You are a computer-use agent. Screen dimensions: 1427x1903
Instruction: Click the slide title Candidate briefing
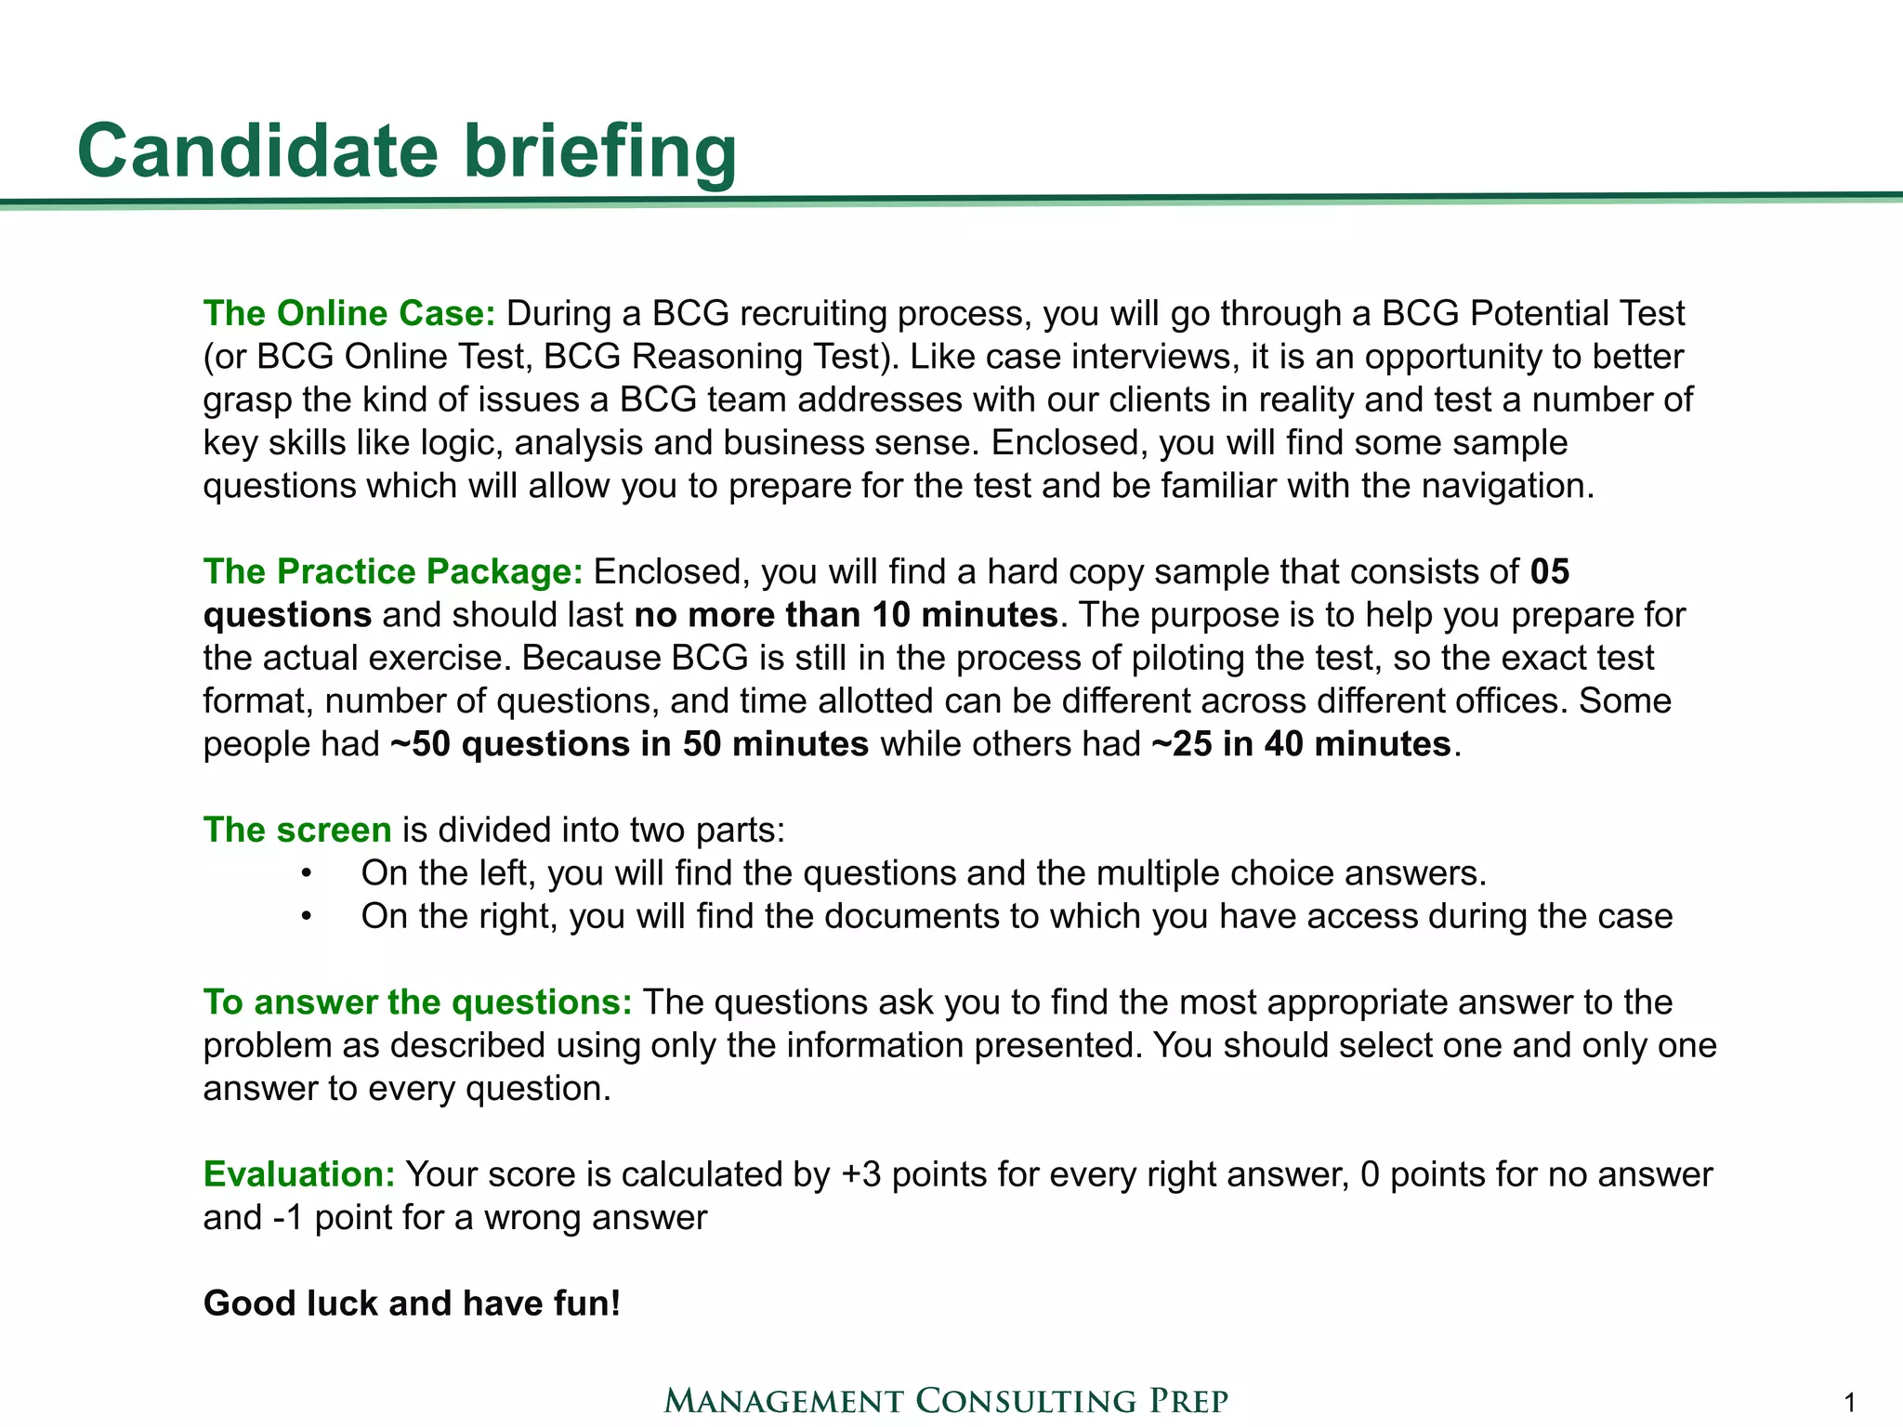pos(407,151)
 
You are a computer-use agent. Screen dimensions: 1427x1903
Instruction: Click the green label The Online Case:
pos(349,314)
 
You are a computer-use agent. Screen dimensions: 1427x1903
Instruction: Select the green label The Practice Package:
pos(392,572)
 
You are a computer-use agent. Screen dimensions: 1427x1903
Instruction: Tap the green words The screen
pos(297,830)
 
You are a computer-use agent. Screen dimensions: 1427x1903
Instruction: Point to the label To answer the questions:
pos(417,1002)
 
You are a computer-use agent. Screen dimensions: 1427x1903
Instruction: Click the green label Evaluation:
pos(299,1174)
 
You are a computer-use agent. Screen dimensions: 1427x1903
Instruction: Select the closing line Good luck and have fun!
pos(412,1303)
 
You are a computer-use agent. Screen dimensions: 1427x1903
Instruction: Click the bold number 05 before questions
pos(1549,572)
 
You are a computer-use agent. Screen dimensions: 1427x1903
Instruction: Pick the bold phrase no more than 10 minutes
pos(846,615)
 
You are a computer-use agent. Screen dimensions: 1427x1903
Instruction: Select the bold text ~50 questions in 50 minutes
pos(629,744)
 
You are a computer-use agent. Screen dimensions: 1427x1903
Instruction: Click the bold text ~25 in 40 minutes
pos(1301,744)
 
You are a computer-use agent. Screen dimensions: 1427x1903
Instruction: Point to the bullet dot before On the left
pos(307,874)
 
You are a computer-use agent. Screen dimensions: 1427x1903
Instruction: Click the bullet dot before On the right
pos(307,917)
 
